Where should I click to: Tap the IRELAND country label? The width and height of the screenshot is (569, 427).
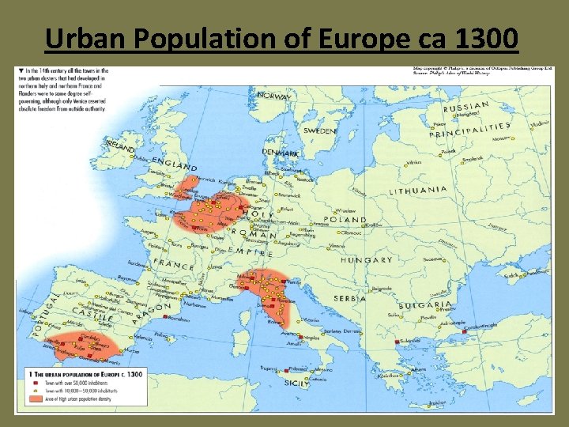(x=119, y=147)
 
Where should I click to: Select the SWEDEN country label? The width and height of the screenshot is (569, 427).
(x=320, y=130)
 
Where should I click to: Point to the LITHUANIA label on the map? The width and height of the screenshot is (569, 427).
(x=418, y=191)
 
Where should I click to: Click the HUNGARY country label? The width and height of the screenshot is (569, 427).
(x=367, y=260)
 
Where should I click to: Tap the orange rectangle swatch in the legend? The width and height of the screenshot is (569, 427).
(x=35, y=401)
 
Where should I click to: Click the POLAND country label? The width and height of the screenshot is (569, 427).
(x=345, y=220)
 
